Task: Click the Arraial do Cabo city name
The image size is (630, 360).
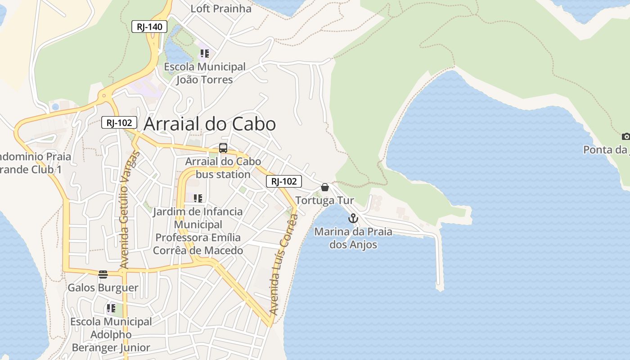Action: click(210, 124)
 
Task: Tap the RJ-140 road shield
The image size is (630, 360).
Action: click(149, 27)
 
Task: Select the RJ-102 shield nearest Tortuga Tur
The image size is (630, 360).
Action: click(284, 181)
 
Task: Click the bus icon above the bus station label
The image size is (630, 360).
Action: click(223, 148)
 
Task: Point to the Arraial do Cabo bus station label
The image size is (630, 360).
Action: click(223, 168)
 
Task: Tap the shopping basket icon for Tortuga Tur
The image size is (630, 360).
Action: click(325, 187)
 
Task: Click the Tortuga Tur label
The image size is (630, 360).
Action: click(325, 200)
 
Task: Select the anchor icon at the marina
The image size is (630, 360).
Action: click(353, 219)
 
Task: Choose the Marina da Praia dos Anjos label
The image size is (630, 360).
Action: click(353, 238)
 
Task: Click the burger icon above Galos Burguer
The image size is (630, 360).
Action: click(103, 274)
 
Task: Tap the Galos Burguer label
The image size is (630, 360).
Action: click(103, 288)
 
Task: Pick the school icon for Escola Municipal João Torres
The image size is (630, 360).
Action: click(205, 54)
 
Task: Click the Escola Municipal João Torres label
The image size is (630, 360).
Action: click(205, 73)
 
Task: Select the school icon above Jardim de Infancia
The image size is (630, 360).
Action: click(198, 198)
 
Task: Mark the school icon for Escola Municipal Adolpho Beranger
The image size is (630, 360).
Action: click(111, 309)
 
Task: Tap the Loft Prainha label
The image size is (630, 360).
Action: click(221, 9)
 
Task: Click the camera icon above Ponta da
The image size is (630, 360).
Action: click(625, 136)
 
